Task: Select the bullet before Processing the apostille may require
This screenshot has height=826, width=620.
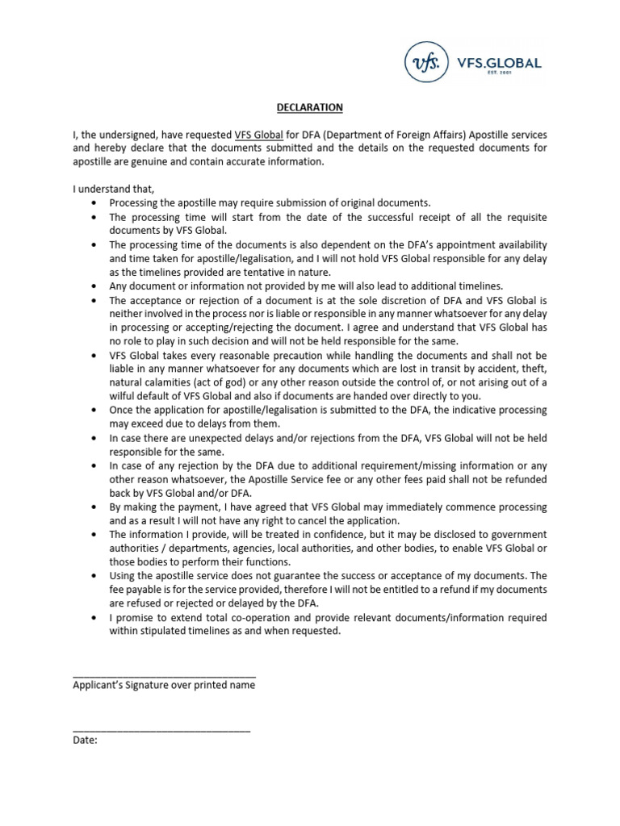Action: (96, 202)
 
